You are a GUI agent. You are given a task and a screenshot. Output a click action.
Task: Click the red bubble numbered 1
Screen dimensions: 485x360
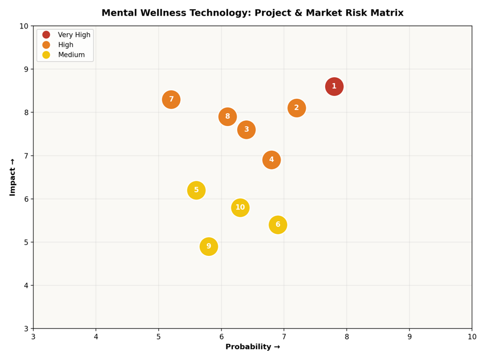(334, 86)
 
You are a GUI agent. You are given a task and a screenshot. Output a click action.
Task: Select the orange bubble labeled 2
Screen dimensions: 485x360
(297, 108)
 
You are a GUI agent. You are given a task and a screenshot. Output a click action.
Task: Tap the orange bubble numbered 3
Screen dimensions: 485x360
(246, 130)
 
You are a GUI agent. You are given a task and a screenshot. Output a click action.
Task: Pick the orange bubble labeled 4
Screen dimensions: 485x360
(271, 160)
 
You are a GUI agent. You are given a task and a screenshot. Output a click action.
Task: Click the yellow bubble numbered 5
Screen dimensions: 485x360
(196, 190)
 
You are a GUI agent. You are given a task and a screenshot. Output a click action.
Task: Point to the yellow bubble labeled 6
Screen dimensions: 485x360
(278, 225)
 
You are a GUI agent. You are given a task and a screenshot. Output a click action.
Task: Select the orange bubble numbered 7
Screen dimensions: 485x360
(171, 100)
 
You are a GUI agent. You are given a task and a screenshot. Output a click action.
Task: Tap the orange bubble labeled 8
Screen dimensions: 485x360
(227, 117)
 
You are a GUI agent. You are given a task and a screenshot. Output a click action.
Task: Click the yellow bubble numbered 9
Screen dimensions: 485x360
(209, 246)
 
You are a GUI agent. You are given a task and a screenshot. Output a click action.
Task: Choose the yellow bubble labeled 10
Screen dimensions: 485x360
(240, 208)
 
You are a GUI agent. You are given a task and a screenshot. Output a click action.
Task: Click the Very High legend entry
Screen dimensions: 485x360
(66, 35)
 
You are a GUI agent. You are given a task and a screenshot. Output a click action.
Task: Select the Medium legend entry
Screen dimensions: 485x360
(63, 55)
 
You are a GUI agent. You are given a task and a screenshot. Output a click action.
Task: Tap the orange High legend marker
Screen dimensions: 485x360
(46, 45)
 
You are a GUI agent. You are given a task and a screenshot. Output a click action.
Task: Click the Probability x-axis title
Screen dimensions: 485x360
(253, 347)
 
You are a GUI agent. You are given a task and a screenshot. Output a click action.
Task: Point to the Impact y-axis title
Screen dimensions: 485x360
(12, 177)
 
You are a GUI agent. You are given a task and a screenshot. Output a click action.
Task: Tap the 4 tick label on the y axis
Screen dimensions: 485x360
(26, 285)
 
